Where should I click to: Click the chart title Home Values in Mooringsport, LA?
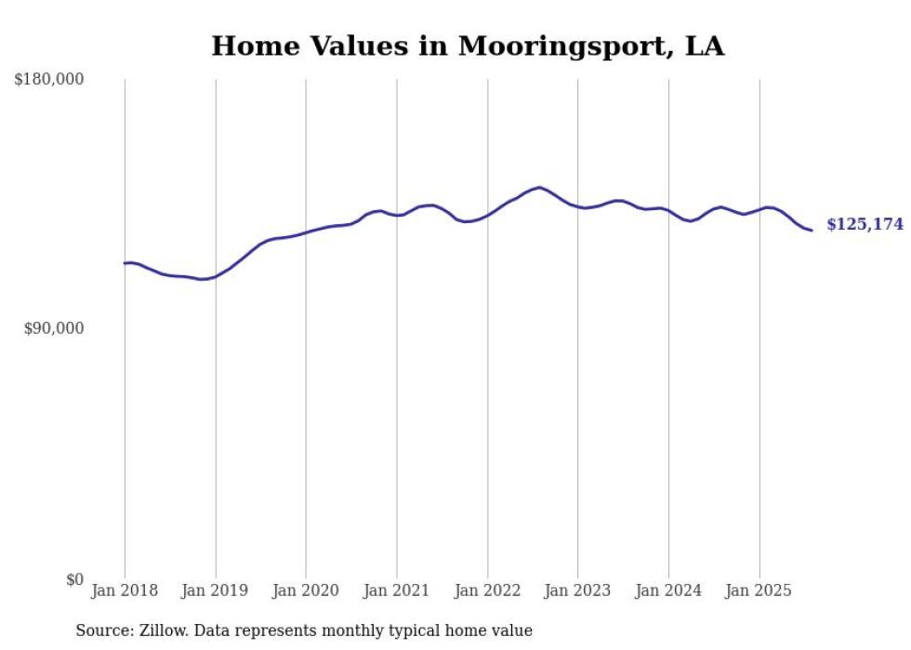click(468, 45)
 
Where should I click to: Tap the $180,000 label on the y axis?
click(49, 80)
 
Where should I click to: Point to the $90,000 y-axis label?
click(53, 328)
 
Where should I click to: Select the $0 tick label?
click(74, 579)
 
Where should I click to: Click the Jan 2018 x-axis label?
click(125, 590)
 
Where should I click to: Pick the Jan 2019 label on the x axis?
click(216, 590)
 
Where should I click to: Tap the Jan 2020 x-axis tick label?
click(306, 590)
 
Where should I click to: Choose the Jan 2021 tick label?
click(397, 590)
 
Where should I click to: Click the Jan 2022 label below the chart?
click(487, 590)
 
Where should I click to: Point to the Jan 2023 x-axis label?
click(577, 590)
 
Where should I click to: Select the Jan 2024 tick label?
click(668, 590)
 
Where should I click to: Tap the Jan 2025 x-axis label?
click(759, 590)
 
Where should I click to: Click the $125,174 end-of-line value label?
click(865, 224)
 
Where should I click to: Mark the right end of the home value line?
click(812, 230)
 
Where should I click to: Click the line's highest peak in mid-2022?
click(540, 187)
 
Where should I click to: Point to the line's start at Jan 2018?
click(125, 263)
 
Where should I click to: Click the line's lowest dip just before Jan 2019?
click(201, 279)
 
